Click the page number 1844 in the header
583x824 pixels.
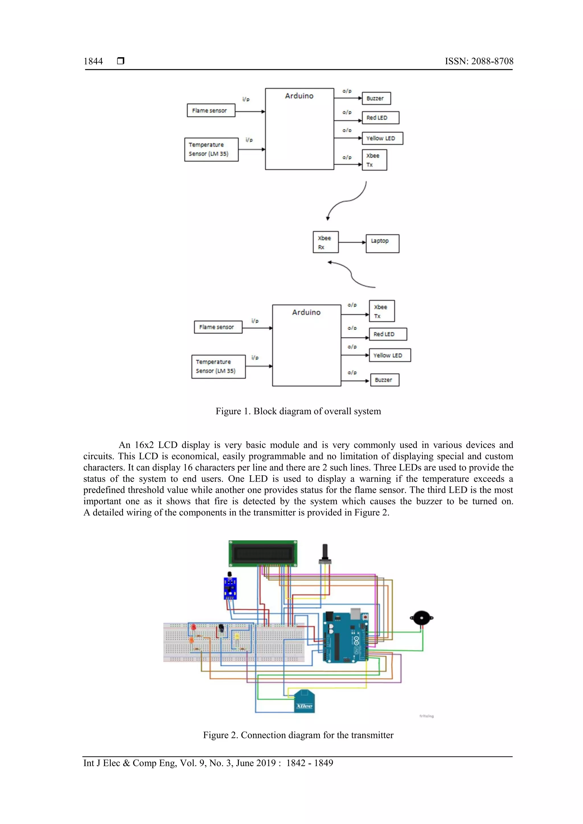(93, 61)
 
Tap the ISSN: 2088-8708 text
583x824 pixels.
(479, 61)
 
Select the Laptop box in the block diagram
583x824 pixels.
(382, 244)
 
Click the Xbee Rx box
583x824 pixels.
(325, 242)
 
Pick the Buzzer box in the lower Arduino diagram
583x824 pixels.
(384, 380)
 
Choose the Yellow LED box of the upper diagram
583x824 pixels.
(382, 138)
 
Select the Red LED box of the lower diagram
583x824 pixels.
(388, 334)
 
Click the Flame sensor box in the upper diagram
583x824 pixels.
(211, 111)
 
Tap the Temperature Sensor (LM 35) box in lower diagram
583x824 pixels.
(218, 366)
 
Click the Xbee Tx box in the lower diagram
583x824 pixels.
(381, 311)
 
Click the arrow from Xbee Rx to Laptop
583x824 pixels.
(352, 242)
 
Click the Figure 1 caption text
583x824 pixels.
(298, 411)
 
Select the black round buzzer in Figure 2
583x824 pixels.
(422, 618)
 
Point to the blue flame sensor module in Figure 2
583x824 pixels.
(230, 588)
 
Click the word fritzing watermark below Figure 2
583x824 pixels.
(426, 716)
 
